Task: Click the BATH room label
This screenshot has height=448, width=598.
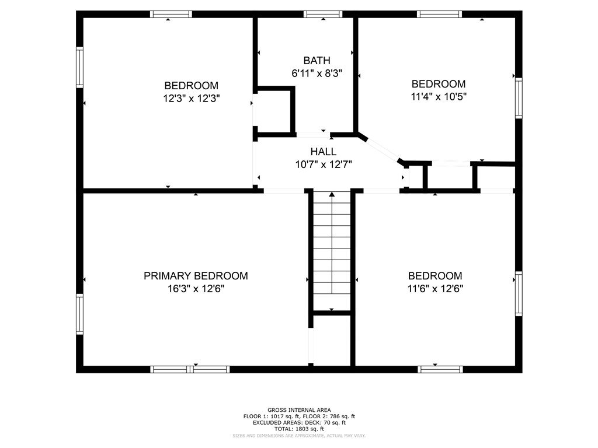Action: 317,61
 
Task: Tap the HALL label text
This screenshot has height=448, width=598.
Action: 323,152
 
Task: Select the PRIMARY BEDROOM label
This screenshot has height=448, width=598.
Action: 196,276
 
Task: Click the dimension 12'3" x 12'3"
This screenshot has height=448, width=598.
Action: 192,98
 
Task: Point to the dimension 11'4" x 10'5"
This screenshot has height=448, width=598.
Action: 439,96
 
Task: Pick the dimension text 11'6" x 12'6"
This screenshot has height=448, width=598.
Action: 435,288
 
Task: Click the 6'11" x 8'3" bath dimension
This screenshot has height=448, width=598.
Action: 317,73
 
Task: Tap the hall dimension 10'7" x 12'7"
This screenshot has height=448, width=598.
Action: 324,164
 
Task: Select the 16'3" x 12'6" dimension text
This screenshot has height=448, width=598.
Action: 196,288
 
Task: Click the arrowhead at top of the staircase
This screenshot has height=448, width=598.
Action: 332,194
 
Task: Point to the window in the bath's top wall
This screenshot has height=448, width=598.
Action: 323,15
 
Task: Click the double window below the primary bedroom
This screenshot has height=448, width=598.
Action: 190,369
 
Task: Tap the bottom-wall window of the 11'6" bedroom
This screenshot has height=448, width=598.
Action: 440,369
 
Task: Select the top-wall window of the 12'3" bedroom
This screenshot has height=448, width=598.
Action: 171,15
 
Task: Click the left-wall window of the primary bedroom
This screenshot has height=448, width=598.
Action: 79,314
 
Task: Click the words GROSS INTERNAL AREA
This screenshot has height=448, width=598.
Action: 299,410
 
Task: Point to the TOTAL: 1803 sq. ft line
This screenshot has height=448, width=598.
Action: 299,429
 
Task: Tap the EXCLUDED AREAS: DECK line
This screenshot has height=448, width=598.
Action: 299,423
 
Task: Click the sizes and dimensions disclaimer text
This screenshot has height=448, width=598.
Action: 299,435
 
